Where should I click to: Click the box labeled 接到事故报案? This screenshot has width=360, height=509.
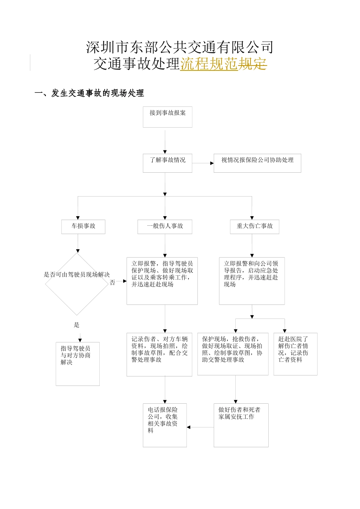tap(167, 117)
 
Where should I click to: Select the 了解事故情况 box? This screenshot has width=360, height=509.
tap(167, 163)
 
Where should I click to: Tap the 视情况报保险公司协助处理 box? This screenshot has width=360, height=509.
tap(257, 163)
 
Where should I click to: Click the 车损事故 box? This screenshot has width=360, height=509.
tap(83, 226)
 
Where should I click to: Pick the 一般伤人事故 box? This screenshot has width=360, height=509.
tap(165, 226)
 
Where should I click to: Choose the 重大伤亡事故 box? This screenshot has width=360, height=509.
tap(255, 226)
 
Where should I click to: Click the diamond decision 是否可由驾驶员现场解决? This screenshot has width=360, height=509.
tap(77, 284)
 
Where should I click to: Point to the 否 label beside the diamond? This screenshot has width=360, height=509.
tap(113, 283)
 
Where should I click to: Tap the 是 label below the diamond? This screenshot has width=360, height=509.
tap(77, 325)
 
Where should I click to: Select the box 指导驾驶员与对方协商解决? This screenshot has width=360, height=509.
tap(78, 364)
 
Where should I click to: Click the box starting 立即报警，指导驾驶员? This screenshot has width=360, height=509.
tap(162, 281)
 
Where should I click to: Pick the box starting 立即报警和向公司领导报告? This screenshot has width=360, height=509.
tap(252, 281)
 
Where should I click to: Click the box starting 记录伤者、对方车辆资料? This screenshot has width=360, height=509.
tap(160, 354)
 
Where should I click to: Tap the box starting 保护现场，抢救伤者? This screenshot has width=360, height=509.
tap(233, 354)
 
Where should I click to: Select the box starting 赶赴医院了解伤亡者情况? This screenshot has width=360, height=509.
tap(296, 354)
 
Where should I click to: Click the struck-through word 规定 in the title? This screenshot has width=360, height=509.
tap(252, 64)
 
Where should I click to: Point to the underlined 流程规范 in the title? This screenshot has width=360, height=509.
tap(209, 64)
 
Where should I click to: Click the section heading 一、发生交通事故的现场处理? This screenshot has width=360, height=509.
tap(89, 93)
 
